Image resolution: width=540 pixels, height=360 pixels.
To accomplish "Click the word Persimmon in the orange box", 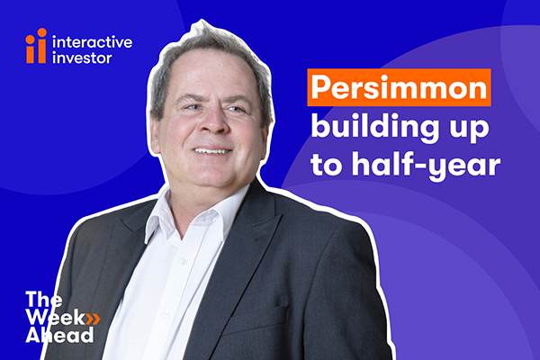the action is point(399,88).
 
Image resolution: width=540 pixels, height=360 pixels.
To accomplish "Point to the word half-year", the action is point(426,165).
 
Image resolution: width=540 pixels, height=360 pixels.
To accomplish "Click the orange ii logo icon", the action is point(36,46).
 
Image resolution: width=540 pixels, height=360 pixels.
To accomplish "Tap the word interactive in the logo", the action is point(92,42).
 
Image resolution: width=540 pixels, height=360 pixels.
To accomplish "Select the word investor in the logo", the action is point(82,58).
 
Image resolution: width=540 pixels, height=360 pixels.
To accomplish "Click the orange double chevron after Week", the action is point(93,319).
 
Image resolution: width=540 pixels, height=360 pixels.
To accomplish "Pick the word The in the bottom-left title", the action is point(44,300).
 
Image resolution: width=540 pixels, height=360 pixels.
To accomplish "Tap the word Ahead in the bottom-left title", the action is point(59,335).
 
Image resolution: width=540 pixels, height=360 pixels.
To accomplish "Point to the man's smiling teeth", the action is point(211,151).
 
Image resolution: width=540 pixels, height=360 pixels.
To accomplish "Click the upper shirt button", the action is point(184,262).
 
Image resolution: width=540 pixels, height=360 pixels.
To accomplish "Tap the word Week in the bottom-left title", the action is point(56,318).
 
